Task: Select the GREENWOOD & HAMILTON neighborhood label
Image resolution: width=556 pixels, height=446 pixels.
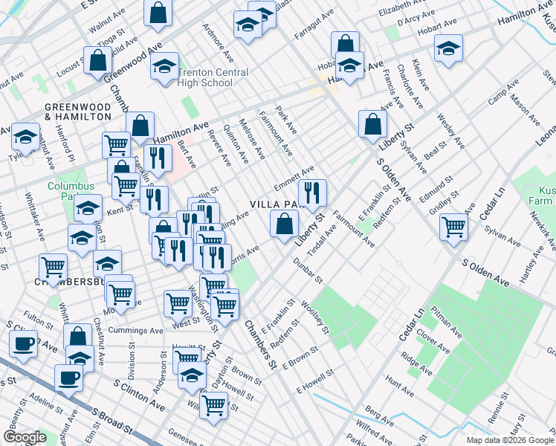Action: [78, 111]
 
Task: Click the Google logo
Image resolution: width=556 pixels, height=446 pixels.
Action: [25, 437]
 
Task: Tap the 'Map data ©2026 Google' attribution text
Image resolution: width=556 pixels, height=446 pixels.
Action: [509, 440]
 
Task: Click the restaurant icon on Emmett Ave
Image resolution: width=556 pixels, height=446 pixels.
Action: [312, 193]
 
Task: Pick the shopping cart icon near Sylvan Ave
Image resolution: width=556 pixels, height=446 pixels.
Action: [453, 227]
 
